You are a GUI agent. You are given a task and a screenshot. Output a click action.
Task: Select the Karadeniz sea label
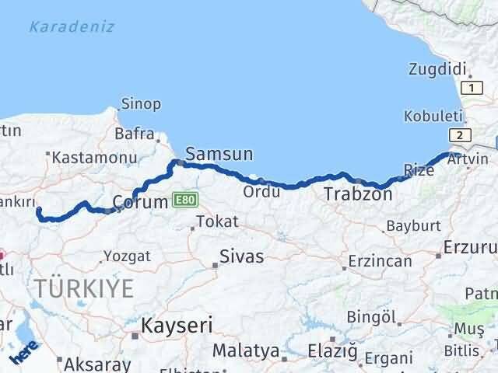tap(72, 27)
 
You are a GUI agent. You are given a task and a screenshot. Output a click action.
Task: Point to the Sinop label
tap(141, 103)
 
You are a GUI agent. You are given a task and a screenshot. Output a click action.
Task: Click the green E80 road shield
tap(184, 200)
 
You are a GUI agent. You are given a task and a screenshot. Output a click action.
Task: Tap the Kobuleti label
tap(433, 116)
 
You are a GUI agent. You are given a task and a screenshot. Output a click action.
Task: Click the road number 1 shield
tap(470, 88)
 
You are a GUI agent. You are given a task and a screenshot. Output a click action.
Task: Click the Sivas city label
tap(241, 256)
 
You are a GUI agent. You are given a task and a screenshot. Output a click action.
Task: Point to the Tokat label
tap(217, 221)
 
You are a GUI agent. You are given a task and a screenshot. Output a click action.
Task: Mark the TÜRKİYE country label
tap(82, 288)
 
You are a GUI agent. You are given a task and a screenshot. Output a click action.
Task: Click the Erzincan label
tap(380, 261)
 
